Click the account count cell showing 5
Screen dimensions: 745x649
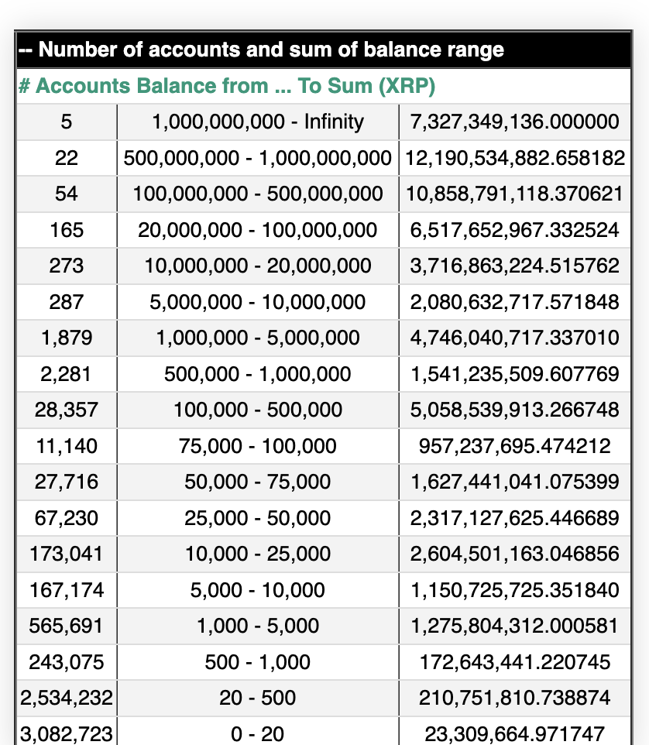[x=67, y=122]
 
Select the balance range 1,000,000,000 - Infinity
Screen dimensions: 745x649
[x=258, y=122]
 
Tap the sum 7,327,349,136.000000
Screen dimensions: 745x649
[x=515, y=122]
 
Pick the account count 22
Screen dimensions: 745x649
[x=67, y=158]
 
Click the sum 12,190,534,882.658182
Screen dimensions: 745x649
[x=515, y=158]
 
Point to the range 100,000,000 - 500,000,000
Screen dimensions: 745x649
[x=258, y=194]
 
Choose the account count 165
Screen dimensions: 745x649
[x=67, y=230]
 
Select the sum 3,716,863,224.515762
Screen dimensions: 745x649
[x=515, y=266]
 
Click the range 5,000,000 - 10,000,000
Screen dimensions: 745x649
[x=258, y=302]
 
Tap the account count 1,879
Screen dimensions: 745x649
[x=67, y=338]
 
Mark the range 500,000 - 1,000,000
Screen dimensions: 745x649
[x=258, y=374]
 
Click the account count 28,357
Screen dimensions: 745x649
[x=67, y=410]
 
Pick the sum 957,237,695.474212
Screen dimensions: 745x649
[x=515, y=446]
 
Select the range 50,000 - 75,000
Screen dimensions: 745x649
[x=258, y=482]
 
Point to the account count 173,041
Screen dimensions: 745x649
[x=67, y=554]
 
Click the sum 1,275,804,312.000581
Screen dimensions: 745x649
[x=515, y=626]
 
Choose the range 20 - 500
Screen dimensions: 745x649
[x=258, y=698]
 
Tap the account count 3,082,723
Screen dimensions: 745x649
[x=67, y=733]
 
